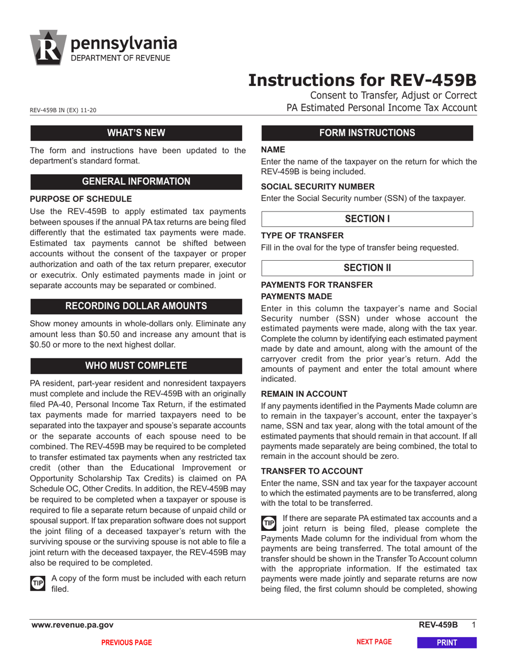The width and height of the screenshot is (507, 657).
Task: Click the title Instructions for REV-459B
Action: pyautogui.click(x=362, y=80)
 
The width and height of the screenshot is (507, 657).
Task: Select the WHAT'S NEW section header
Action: pyautogui.click(x=136, y=133)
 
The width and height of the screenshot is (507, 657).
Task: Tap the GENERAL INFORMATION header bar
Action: pyautogui.click(x=136, y=181)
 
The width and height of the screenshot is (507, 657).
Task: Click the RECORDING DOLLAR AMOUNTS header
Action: pyautogui.click(x=136, y=306)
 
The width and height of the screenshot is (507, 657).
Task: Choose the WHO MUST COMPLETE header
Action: pyautogui.click(x=136, y=366)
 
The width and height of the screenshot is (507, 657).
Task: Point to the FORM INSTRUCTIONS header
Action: pyautogui.click(x=367, y=133)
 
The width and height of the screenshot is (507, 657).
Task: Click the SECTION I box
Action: pyautogui.click(x=367, y=219)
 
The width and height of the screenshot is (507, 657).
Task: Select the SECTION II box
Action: pyautogui.click(x=367, y=268)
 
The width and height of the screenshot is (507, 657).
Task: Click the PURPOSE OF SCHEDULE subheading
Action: pyautogui.click(x=81, y=199)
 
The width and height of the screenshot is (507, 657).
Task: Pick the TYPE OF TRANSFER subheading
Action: pyautogui.click(x=302, y=236)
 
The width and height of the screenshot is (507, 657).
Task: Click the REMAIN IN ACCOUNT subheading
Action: pyautogui.click(x=304, y=393)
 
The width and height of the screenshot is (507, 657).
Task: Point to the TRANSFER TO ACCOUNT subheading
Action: pyautogui.click(x=312, y=471)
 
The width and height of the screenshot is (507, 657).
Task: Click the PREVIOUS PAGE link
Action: pyautogui.click(x=126, y=643)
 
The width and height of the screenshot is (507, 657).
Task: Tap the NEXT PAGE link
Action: pyautogui.click(x=374, y=642)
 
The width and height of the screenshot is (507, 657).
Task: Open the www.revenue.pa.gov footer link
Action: pyautogui.click(x=72, y=625)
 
